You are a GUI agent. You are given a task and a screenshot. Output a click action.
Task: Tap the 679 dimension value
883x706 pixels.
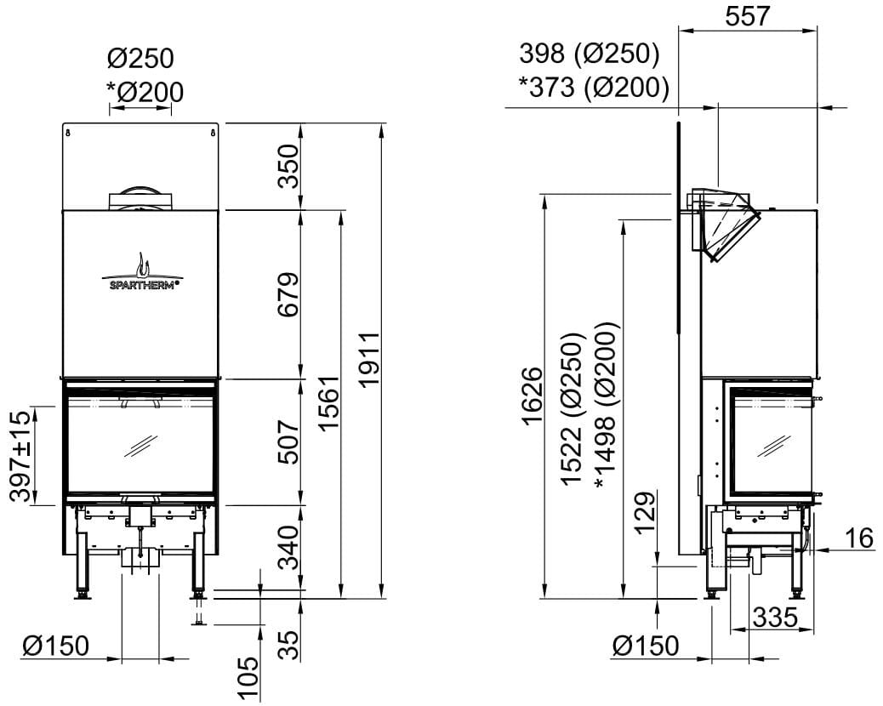point(288,294)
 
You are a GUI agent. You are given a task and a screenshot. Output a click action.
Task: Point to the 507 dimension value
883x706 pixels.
point(288,441)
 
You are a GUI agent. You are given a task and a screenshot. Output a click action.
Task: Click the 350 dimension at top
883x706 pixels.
point(288,166)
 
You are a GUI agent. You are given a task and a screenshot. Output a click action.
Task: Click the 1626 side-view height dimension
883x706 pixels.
point(531,396)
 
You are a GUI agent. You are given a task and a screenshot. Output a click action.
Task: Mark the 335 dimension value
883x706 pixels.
point(773,618)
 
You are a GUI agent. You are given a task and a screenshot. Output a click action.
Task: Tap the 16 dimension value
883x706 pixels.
point(860,538)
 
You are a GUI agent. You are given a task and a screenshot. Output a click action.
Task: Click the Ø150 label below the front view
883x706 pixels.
point(56,646)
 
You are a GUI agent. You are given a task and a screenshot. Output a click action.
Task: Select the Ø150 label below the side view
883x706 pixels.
point(646,646)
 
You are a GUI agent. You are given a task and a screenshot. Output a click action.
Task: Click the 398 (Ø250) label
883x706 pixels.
point(590,54)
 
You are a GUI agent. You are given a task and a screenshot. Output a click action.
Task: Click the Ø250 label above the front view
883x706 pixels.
point(141,59)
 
